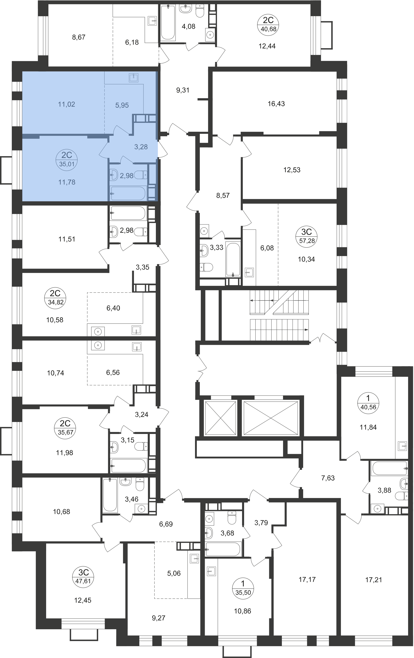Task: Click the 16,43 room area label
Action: [276, 104]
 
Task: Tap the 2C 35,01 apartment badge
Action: [67, 160]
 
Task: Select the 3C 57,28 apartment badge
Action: [307, 236]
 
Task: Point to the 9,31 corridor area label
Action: [183, 90]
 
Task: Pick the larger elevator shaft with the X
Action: [270, 418]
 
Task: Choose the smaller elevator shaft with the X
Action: [220, 418]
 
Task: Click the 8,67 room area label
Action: [79, 37]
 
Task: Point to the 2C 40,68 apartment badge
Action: [268, 24]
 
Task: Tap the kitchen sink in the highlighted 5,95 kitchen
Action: [134, 78]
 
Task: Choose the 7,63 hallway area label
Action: [328, 478]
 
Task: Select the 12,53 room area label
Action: [292, 170]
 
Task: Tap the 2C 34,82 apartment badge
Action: [55, 298]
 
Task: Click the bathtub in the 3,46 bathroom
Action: [110, 495]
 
